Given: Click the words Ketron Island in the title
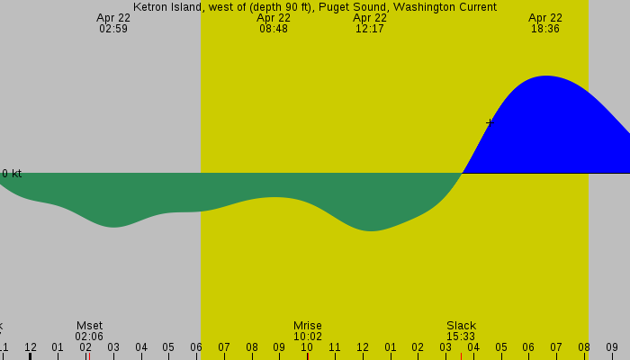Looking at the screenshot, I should pos(166,7).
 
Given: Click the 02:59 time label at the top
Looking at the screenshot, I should pos(113,29).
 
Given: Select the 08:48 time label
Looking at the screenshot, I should pos(274,29).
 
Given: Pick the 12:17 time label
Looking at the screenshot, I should pos(370,29).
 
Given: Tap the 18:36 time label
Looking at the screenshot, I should pos(545,29).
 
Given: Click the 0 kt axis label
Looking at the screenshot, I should pos(12,173).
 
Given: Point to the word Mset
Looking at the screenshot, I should pos(89,326).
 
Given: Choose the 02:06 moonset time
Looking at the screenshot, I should pos(89,337).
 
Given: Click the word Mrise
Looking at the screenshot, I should pos(307,326).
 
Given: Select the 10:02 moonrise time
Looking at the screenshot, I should pos(307,337).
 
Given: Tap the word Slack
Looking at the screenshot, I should pos(461,326).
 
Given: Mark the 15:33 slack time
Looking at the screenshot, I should pos(461,337).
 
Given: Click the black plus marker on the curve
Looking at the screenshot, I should pos(490,122).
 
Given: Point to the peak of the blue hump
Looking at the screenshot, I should pos(546,76).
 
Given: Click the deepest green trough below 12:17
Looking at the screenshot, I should pos(370,230).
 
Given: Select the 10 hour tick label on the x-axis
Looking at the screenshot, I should pos(307,347).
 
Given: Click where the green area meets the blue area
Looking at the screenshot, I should pos(463,172).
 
